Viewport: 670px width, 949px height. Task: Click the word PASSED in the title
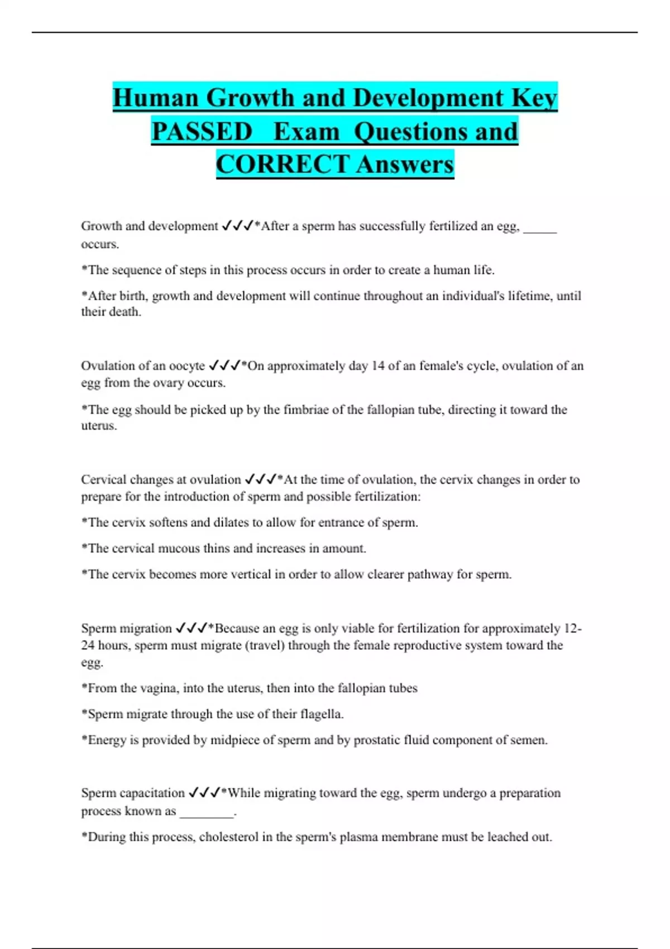coord(202,132)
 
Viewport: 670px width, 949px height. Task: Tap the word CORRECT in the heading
coord(283,165)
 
